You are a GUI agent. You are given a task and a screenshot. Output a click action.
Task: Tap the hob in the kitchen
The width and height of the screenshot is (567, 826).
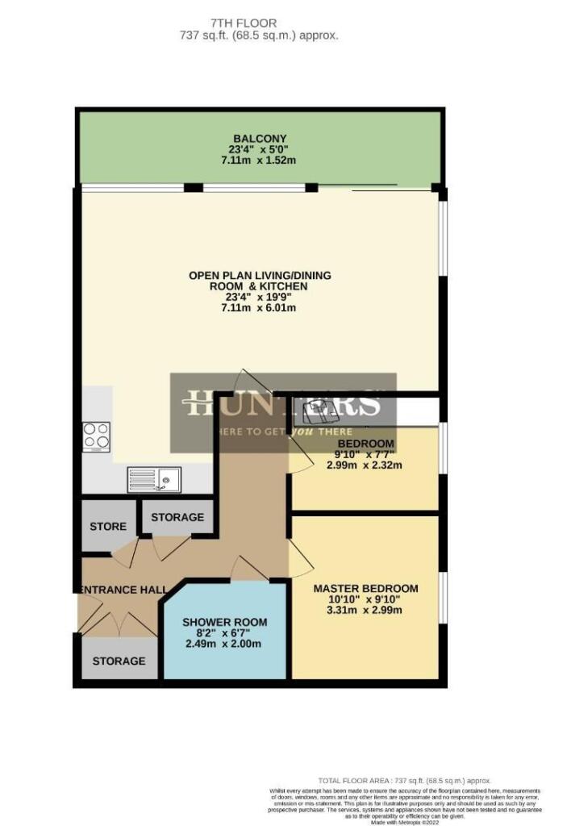96,436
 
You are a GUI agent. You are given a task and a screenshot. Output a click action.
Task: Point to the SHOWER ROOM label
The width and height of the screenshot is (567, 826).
224,622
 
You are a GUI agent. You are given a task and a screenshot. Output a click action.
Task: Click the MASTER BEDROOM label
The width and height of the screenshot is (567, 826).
365,588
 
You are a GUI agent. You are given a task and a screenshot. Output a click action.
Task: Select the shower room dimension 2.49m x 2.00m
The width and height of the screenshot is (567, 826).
224,644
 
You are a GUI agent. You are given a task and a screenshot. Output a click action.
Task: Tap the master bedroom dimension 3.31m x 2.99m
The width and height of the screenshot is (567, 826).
365,610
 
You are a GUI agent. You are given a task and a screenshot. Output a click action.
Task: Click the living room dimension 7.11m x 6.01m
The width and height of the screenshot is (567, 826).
260,308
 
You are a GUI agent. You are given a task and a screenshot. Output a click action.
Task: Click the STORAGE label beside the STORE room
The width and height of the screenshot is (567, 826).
177,517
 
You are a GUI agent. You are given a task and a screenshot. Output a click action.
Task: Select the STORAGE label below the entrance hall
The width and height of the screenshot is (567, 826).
119,661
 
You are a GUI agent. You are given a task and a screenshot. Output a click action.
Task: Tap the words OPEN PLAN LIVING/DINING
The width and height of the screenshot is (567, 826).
260,275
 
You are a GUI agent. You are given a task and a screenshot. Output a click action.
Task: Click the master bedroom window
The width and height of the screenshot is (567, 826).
442,597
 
